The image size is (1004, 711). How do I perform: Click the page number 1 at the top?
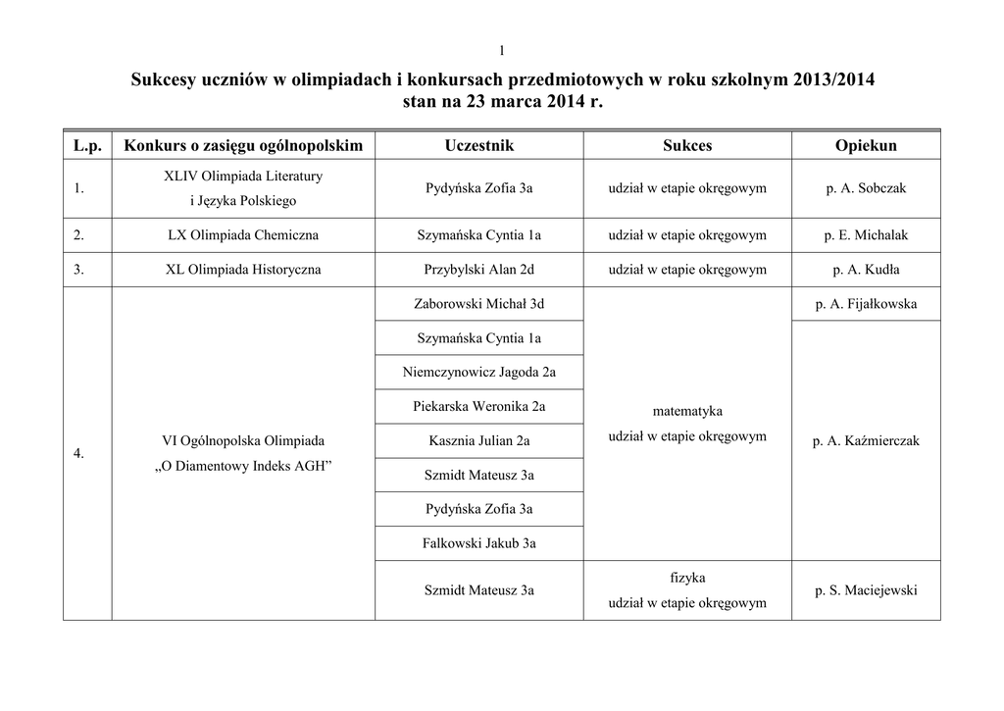tap(501, 51)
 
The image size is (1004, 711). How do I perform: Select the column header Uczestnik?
tap(478, 145)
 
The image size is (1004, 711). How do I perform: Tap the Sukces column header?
tap(687, 145)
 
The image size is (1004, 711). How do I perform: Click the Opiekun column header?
tap(866, 145)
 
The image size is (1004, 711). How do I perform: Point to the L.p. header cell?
tap(87, 145)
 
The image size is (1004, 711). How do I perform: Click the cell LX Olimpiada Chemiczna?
tap(243, 235)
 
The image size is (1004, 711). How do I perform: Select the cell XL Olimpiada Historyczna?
tap(243, 269)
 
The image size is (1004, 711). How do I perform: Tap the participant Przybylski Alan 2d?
tap(478, 269)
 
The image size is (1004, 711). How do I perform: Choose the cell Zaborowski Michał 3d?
tap(478, 304)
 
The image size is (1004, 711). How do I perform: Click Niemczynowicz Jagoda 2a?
tap(478, 372)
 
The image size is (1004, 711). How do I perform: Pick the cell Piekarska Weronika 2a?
tap(478, 406)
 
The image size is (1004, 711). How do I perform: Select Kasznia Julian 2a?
tap(478, 441)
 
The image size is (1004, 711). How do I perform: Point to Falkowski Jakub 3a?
tap(478, 542)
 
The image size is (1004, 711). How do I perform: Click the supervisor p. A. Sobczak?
tap(866, 188)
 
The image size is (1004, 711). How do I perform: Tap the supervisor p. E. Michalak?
tap(866, 235)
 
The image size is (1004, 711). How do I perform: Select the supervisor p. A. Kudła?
tap(866, 269)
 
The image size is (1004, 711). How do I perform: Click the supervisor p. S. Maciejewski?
tap(866, 590)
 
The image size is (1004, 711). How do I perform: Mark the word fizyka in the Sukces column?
tap(687, 578)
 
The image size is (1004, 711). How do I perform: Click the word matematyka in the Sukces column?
tap(687, 412)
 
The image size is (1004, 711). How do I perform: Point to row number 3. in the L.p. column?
tap(78, 269)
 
